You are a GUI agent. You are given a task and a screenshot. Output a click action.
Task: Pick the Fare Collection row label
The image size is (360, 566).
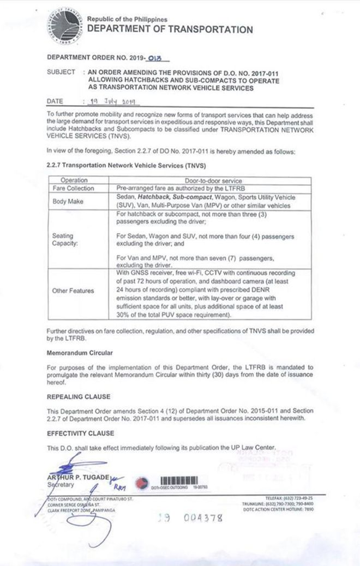point(74,188)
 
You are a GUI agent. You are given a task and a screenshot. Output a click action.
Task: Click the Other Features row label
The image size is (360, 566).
point(74,291)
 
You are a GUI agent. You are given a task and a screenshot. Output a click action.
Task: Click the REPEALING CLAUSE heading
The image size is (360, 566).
point(79,397)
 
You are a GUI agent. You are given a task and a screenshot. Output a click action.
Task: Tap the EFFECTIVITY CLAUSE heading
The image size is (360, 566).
point(81,433)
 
